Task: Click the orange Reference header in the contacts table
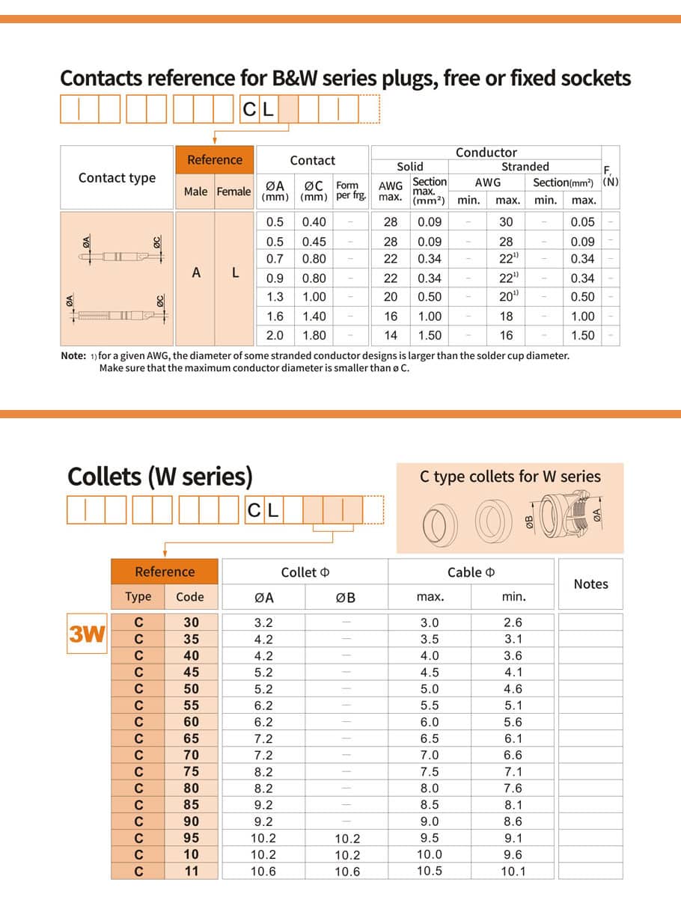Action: point(215,159)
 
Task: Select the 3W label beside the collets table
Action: point(87,634)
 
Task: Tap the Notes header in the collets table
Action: point(590,584)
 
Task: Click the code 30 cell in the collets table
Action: point(192,622)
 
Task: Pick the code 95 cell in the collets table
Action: point(192,838)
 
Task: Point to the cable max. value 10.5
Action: point(430,871)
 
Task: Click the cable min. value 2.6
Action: point(513,622)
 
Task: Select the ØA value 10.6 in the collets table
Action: point(263,871)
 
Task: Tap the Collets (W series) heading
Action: point(160,476)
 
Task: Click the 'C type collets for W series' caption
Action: point(510,477)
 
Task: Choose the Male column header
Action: point(195,192)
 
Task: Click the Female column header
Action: point(233,192)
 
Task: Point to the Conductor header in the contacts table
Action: point(486,153)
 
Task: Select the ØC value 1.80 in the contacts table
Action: point(314,335)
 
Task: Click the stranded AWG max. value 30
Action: point(507,221)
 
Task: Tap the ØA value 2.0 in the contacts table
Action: point(275,335)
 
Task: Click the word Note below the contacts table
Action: point(73,355)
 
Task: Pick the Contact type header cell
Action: point(117,177)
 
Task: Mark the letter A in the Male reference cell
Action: point(196,273)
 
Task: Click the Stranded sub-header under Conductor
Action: point(525,166)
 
